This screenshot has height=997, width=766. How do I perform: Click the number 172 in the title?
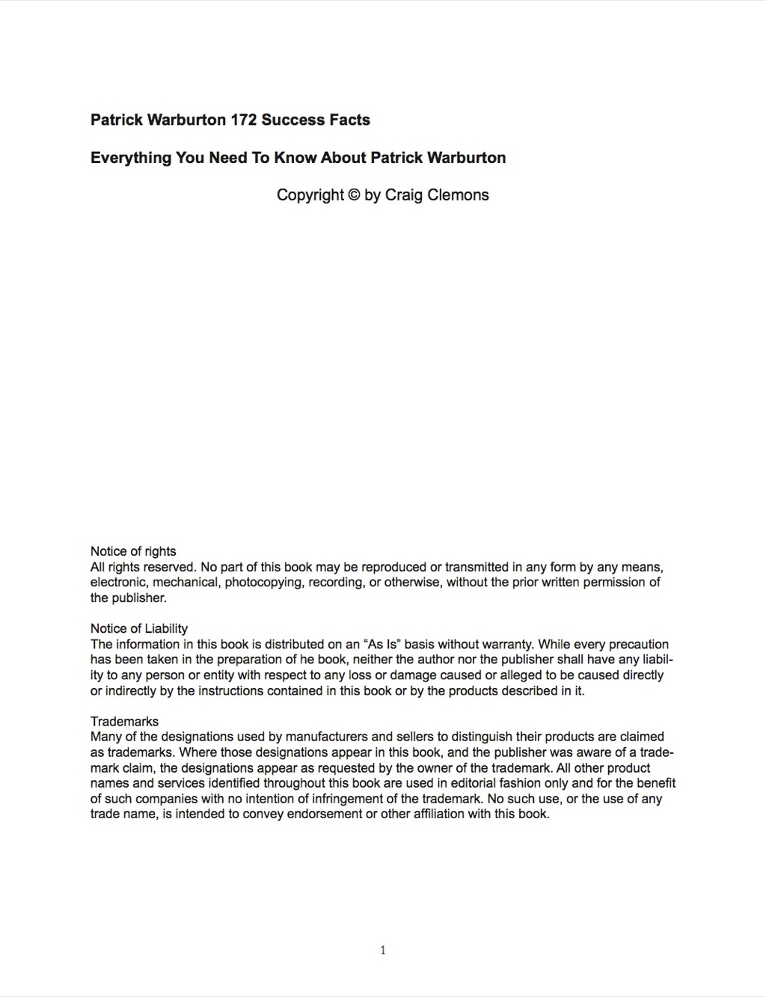(244, 120)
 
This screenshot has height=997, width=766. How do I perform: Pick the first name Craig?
(404, 195)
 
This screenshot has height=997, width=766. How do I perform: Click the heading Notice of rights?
(133, 551)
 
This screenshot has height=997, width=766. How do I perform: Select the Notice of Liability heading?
(139, 628)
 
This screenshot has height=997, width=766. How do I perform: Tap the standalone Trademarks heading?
(124, 721)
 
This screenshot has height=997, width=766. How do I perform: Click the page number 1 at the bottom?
(383, 951)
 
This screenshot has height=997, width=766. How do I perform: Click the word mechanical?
(186, 582)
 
